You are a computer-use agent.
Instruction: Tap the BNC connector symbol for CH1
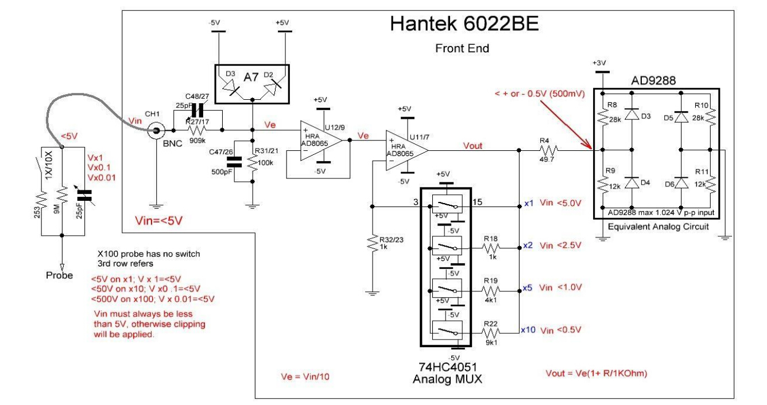(x=154, y=131)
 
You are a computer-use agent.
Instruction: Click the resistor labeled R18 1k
(x=490, y=247)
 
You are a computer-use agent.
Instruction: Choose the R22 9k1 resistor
(x=490, y=331)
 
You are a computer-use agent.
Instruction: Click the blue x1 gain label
(x=529, y=204)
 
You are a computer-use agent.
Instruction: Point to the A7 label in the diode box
(x=252, y=75)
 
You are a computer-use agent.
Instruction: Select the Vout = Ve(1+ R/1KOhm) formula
(x=596, y=374)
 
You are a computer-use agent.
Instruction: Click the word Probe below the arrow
(x=60, y=275)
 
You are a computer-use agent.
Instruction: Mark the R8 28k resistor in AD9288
(x=603, y=118)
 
